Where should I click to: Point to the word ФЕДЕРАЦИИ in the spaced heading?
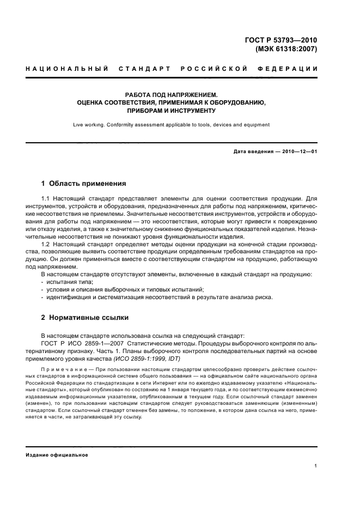point(291,69)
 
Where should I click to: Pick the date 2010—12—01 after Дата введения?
point(298,151)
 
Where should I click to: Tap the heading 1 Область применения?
point(84,183)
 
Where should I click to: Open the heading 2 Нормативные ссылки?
point(85,317)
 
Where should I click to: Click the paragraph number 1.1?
point(46,198)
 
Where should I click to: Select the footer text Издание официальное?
point(57,455)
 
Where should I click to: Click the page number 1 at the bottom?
point(316,466)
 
